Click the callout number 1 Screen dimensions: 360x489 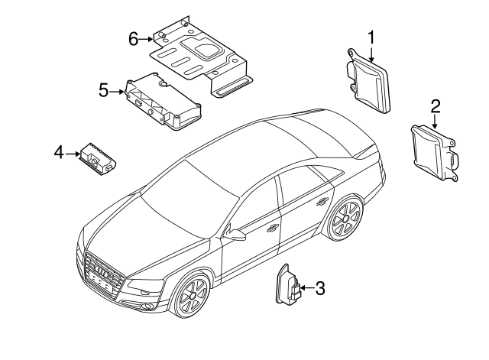[x=371, y=37]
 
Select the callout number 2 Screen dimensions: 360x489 [x=435, y=105]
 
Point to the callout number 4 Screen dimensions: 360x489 [x=58, y=154]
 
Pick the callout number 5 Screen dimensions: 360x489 [x=104, y=91]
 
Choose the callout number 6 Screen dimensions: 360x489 [x=133, y=38]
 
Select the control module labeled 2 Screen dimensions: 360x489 [x=431, y=152]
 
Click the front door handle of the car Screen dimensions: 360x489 [x=272, y=226]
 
